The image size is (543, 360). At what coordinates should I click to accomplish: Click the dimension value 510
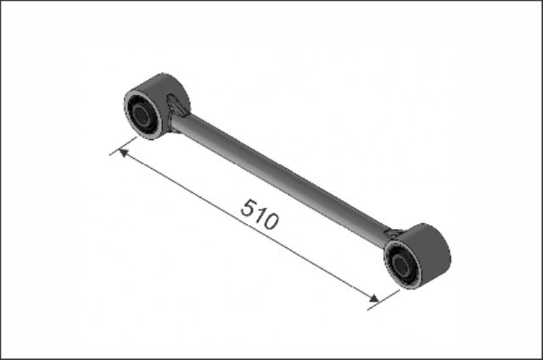point(260,214)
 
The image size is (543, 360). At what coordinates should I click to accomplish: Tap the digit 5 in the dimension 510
point(248,207)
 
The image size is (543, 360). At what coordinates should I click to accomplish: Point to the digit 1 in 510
point(260,215)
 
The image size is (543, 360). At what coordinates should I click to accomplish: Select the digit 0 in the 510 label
point(271,221)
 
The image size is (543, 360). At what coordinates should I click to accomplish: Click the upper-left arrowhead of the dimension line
point(123,153)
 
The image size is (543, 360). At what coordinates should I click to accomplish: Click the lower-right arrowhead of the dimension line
point(373,298)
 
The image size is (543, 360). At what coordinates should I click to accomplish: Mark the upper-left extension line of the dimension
point(123,146)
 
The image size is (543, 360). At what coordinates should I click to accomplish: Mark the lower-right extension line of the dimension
point(383,300)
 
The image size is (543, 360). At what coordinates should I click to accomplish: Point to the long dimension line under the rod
point(249,225)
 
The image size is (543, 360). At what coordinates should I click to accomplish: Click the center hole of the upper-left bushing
point(141,115)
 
